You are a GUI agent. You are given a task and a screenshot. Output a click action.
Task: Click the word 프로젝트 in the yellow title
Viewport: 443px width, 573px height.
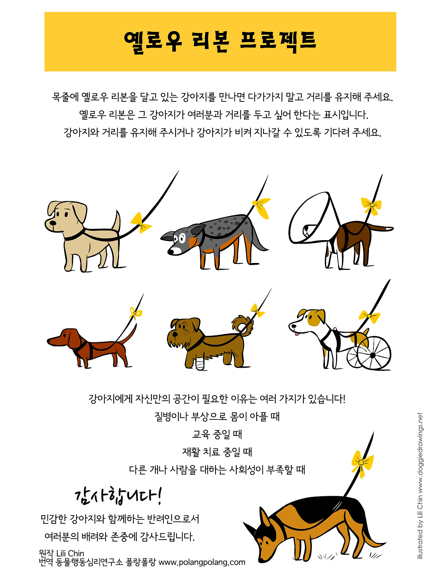(x=278, y=41)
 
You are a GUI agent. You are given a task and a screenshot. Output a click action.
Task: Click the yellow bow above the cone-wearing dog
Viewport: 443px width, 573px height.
(x=371, y=205)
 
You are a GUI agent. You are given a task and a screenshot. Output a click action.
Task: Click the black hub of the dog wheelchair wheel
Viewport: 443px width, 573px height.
(x=372, y=355)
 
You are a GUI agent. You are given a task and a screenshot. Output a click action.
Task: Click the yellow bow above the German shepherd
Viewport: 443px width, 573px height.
(x=362, y=463)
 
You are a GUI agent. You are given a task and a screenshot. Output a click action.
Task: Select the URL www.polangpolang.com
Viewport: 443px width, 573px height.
(x=202, y=562)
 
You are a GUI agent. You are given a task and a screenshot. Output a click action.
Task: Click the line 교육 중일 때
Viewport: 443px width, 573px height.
(x=217, y=434)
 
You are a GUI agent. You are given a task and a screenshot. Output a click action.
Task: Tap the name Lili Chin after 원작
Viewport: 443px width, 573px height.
(x=70, y=553)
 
